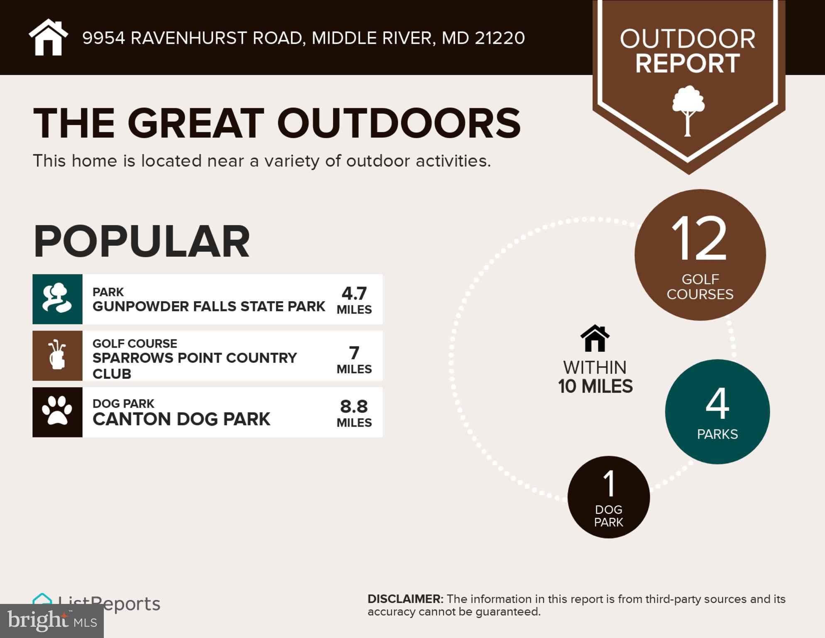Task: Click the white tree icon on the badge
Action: click(688, 110)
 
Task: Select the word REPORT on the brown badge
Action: click(688, 64)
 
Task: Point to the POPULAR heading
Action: click(142, 241)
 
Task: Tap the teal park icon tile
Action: click(57, 299)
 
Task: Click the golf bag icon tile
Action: click(57, 356)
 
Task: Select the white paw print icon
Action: click(57, 412)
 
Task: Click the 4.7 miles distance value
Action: click(354, 294)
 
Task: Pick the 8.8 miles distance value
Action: click(354, 407)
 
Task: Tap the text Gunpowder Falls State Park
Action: click(208, 307)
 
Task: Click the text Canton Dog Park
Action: click(181, 419)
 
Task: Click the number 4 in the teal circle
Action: click(717, 403)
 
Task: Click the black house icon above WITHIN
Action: click(595, 338)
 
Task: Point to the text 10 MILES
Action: click(595, 386)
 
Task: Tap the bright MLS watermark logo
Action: click(52, 621)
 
